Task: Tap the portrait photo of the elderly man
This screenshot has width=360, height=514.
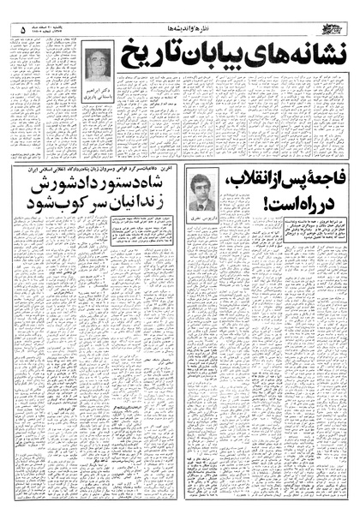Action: pos(98,65)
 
